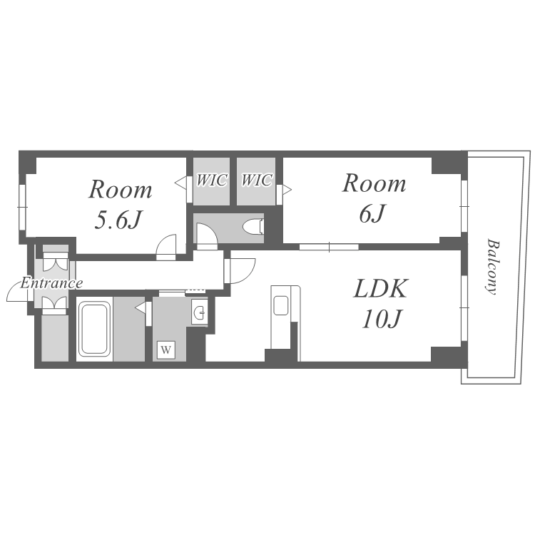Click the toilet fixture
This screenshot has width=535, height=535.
253,227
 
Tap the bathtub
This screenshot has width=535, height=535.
94,329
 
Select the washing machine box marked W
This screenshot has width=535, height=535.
165,350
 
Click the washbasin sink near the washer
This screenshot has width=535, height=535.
199,312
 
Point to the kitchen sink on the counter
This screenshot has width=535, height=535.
281,305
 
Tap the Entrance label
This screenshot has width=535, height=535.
51,283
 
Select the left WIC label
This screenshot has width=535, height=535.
212,180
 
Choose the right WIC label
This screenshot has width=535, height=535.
257,180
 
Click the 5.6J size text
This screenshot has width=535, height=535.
118,220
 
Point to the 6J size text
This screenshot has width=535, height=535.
372,213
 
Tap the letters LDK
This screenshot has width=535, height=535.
380,289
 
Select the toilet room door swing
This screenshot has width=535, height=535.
207,236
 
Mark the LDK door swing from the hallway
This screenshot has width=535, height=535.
243,271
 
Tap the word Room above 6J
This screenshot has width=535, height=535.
374,183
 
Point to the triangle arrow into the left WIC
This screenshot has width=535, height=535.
181,183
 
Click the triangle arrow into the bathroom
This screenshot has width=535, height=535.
141,307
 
